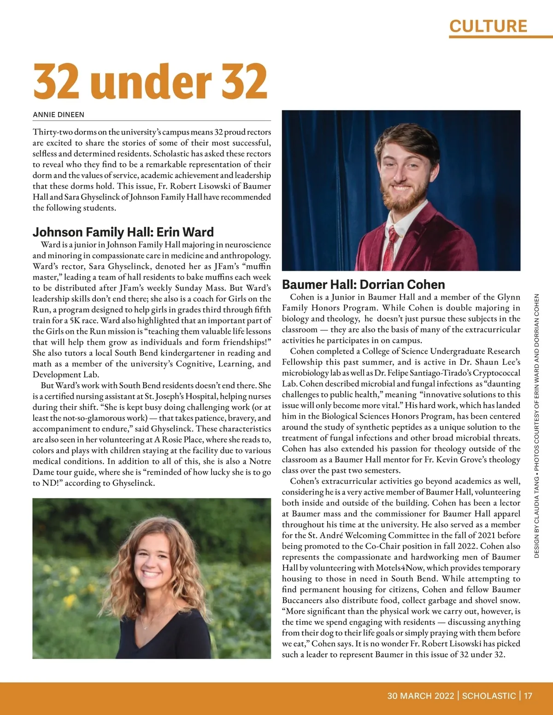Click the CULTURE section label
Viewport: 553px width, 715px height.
(x=488, y=26)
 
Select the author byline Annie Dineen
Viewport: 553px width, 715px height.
(x=58, y=115)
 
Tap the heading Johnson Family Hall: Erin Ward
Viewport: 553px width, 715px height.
(x=123, y=232)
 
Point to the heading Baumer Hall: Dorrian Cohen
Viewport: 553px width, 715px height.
(x=363, y=285)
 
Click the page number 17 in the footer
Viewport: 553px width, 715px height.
(x=528, y=696)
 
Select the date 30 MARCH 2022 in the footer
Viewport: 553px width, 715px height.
(x=420, y=696)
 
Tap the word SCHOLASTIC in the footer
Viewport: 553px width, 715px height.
(x=488, y=696)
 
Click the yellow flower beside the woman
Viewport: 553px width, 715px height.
(x=69, y=601)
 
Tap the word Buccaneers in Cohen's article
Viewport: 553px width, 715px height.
(x=304, y=600)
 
